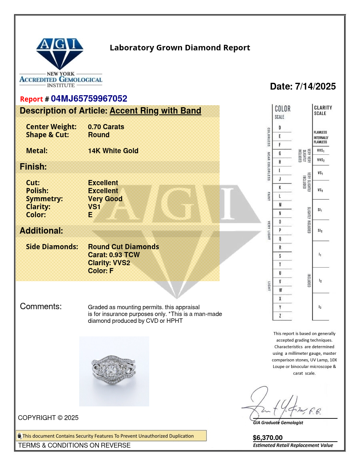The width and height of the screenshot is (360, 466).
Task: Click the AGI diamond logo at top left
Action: coord(60,54)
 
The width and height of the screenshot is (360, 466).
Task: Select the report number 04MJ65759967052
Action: coord(89,99)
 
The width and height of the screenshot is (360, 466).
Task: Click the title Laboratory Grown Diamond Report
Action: coord(180,48)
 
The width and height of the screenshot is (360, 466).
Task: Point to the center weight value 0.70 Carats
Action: coord(106,127)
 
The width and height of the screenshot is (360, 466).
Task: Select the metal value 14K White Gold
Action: coord(113,151)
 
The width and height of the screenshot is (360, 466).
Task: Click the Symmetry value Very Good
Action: coord(105,199)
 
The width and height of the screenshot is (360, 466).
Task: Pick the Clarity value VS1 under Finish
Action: coord(94,207)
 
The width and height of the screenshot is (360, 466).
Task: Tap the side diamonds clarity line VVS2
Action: coord(109,263)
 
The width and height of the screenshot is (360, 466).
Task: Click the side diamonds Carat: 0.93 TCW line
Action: coord(114,255)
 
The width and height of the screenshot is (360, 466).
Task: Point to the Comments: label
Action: coord(41,307)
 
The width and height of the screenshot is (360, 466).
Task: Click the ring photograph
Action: coord(114,371)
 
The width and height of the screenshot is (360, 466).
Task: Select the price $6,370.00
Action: coord(268,438)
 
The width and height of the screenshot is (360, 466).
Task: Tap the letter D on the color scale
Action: coord(280,128)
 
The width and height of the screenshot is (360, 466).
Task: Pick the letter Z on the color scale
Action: coord(280,316)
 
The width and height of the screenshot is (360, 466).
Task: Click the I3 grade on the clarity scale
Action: coord(320,307)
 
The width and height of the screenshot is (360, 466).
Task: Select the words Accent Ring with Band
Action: coord(155,111)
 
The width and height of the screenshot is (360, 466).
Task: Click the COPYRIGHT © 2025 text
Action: coord(48,418)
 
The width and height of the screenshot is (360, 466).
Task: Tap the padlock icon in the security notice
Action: coord(19,436)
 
